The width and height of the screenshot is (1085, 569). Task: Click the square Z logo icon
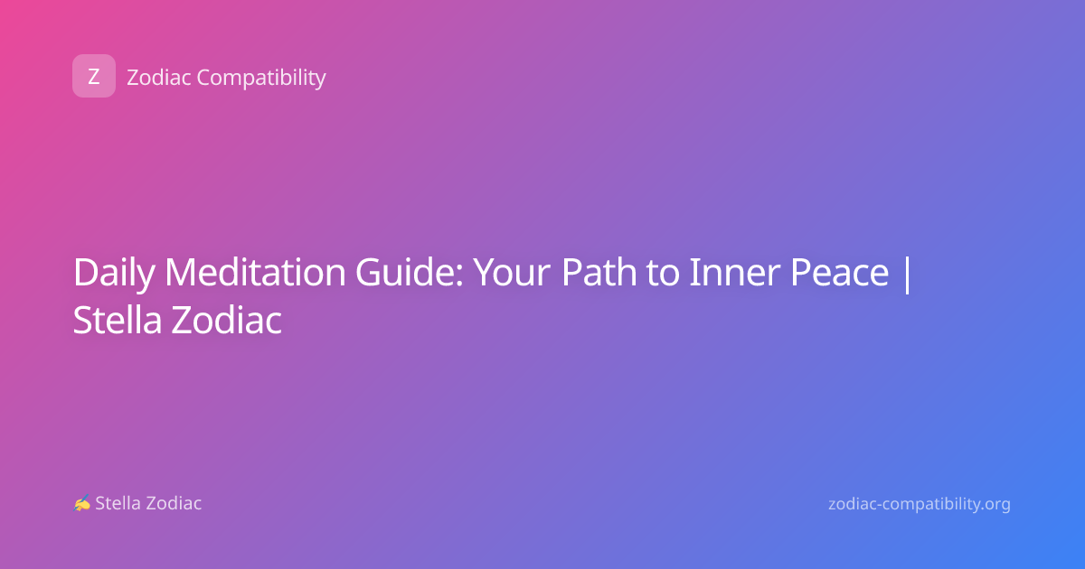94,76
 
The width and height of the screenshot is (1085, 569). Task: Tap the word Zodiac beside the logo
159,78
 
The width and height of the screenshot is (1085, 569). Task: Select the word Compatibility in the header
261,79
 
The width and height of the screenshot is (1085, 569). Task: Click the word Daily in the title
114,274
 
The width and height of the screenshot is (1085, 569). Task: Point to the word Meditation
255,273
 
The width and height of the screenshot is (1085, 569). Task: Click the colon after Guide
460,275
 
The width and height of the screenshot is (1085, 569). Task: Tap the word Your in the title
512,273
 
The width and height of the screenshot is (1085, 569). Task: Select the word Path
599,272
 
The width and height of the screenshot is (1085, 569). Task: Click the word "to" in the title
663,275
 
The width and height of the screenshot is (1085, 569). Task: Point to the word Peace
839,273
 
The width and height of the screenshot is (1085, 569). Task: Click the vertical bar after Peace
907,275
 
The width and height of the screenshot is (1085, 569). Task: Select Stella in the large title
118,320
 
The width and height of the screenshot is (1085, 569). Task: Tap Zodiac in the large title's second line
226,320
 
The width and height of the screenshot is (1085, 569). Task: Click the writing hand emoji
82,503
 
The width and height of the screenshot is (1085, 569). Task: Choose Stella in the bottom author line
118,503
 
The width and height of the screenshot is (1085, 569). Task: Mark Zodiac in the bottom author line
174,503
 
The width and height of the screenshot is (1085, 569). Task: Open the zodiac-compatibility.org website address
920,504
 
